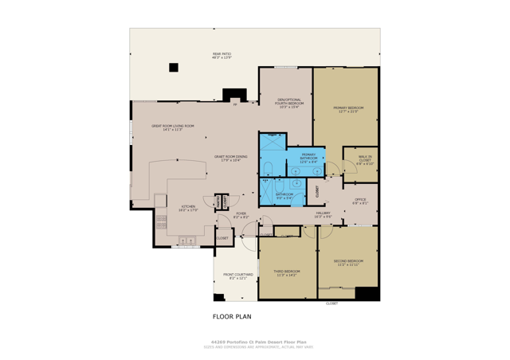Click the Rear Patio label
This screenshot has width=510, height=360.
click(x=221, y=57)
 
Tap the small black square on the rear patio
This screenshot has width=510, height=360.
click(x=174, y=68)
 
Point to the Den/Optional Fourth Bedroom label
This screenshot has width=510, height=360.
click(x=285, y=103)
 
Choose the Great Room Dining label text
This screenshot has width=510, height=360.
click(x=230, y=158)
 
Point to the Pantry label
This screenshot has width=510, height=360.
click(x=218, y=202)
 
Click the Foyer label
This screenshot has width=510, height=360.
click(x=241, y=215)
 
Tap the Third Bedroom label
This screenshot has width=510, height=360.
click(x=286, y=274)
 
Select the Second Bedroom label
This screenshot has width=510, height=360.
click(x=349, y=263)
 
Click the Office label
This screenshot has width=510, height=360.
click(x=360, y=201)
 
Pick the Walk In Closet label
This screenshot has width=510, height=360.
click(x=365, y=160)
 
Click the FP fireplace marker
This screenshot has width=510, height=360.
click(x=235, y=104)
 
